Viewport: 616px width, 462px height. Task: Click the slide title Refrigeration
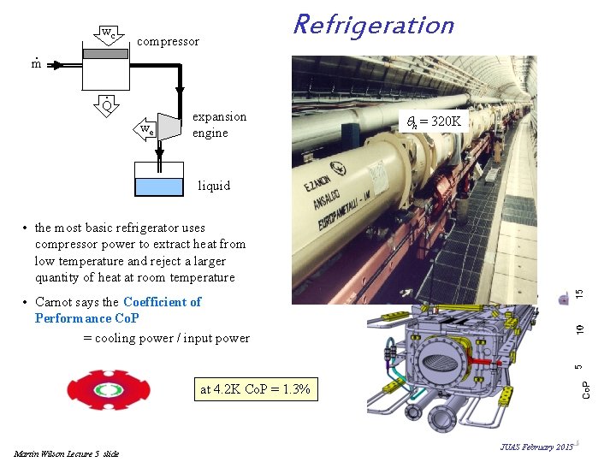pyautogui.click(x=373, y=25)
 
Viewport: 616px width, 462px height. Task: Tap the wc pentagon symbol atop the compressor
pyautogui.click(x=106, y=34)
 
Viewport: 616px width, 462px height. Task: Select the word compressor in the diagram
pyautogui.click(x=168, y=41)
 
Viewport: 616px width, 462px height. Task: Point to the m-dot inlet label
pyautogui.click(x=36, y=63)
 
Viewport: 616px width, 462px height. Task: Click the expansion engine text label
pyautogui.click(x=219, y=125)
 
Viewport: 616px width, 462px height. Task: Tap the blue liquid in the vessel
pyautogui.click(x=159, y=187)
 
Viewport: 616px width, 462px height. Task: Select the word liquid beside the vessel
pyautogui.click(x=214, y=185)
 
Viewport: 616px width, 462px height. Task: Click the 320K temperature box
pyautogui.click(x=435, y=121)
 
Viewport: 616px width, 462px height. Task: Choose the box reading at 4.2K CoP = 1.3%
pyautogui.click(x=255, y=390)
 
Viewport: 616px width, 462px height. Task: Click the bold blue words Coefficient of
pyautogui.click(x=162, y=301)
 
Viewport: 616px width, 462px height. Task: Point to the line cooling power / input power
pyautogui.click(x=166, y=338)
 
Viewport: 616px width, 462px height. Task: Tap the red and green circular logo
pyautogui.click(x=109, y=390)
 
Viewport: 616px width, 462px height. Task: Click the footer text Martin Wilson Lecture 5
pyautogui.click(x=67, y=453)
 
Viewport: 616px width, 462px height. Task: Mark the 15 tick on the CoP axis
pyautogui.click(x=580, y=293)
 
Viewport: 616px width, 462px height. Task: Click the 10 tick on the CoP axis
pyautogui.click(x=580, y=329)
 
